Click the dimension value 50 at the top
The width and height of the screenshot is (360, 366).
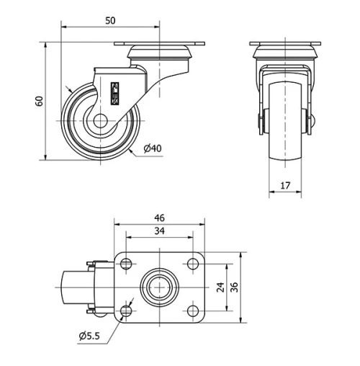[x=110, y=21]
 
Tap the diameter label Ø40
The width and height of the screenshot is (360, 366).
[x=152, y=148]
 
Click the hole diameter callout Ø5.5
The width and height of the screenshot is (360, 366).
[x=91, y=336]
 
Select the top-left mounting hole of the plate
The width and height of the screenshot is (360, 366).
[x=127, y=263]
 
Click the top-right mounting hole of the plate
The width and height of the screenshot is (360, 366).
[x=192, y=263]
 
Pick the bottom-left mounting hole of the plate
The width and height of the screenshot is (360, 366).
[x=127, y=311]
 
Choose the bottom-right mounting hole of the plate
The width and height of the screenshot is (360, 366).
[x=192, y=311]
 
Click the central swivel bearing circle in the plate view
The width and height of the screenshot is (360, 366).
[x=159, y=287]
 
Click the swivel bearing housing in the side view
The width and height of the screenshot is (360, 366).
[x=160, y=52]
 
